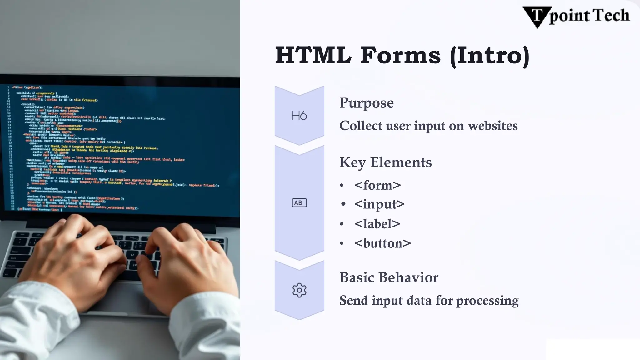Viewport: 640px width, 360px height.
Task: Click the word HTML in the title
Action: coord(313,56)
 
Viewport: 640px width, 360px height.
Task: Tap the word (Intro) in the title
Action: coord(489,56)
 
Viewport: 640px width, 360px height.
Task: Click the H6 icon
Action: coord(299,116)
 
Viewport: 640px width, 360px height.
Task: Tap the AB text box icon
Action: coord(299,203)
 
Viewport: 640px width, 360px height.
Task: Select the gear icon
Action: coord(299,290)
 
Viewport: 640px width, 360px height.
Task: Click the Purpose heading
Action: coord(366,103)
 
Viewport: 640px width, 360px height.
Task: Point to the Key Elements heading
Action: coord(385,162)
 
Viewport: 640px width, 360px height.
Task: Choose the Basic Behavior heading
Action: coord(389,277)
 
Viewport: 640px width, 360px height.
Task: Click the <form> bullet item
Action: coord(377,185)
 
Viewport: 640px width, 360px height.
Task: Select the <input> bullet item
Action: coord(379,204)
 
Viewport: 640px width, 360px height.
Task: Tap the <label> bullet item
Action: coord(377,224)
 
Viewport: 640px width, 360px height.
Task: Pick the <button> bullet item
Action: coord(382,243)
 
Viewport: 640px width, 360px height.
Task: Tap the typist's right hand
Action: coord(184,259)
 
